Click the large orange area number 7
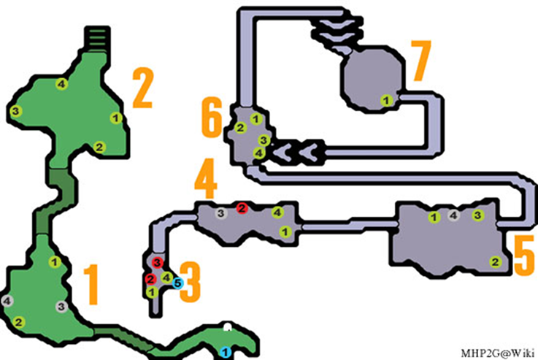point(421,61)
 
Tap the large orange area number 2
point(143,88)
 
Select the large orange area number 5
point(524,256)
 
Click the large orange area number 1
point(91,285)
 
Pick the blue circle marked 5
point(177,283)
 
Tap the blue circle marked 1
point(226,352)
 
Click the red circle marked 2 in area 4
point(242,208)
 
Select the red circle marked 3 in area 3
point(157,263)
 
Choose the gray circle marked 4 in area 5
point(453,215)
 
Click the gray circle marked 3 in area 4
point(221,213)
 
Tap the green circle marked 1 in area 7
point(387,101)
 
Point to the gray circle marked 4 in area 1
point(7,302)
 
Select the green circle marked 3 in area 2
point(15,111)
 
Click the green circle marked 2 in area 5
point(495,262)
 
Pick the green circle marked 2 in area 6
point(240,128)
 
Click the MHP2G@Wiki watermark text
point(498,353)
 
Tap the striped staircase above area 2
point(97,39)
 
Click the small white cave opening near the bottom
point(227,327)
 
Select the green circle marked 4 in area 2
point(62,84)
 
